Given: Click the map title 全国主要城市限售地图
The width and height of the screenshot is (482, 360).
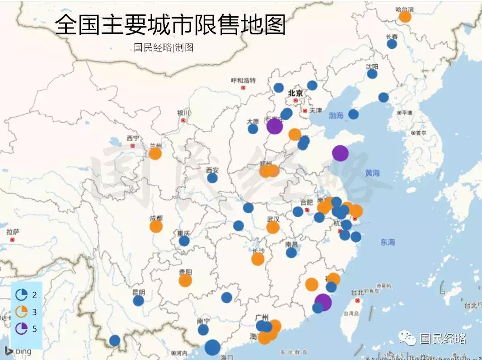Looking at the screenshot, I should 170,25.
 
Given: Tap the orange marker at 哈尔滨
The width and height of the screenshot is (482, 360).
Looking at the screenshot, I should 405,17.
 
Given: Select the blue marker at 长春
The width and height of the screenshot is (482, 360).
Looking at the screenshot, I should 392,44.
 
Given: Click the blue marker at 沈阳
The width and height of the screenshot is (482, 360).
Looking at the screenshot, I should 372,74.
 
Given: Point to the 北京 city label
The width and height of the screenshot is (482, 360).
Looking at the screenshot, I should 295,93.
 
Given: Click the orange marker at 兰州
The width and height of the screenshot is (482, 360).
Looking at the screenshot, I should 155,154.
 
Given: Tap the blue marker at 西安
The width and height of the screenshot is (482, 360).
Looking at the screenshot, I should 212,178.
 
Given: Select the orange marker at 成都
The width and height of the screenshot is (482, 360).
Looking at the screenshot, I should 156,226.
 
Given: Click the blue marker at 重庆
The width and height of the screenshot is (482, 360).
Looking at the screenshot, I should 184,241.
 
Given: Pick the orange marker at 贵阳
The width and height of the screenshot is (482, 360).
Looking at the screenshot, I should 185,281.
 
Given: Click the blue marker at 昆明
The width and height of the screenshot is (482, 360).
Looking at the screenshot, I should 138,300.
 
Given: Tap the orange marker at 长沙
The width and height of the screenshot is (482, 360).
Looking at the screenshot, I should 257,259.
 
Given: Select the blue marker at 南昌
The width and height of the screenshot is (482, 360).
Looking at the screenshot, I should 291,252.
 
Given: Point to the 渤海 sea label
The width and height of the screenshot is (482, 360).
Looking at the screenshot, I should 336,116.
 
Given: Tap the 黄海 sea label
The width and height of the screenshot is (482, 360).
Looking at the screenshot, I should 372,173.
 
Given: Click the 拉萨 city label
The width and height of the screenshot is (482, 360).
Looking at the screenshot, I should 13,232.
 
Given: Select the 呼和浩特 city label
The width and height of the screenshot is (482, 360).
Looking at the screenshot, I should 243,80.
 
